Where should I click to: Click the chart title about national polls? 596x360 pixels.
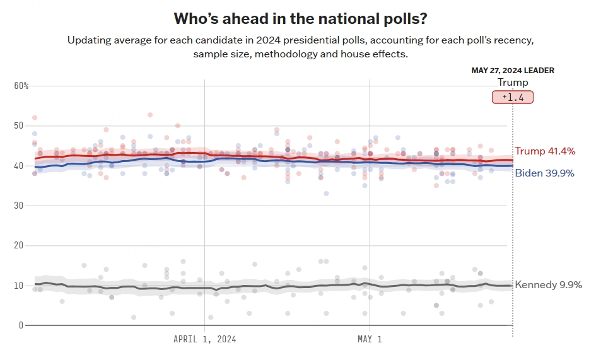pos(298,18)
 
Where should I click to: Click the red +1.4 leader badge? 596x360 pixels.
pos(513,97)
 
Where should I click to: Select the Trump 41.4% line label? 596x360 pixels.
pos(545,151)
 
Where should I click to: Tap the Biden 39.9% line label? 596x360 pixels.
pos(545,173)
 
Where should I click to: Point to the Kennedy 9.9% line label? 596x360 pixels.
pos(548,285)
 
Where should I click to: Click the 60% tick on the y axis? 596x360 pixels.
pos(21,86)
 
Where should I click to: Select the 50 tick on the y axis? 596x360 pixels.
pos(18,125)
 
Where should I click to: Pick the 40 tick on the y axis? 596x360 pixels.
pos(18,166)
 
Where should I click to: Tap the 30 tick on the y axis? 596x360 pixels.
pos(18,206)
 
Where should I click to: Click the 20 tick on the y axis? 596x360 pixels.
pos(18,245)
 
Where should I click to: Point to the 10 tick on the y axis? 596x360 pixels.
pos(18,286)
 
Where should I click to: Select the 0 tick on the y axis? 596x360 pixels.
pos(21,325)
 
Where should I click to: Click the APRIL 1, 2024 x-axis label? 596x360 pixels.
pos(204,340)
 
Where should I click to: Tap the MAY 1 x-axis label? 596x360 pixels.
pos(370,340)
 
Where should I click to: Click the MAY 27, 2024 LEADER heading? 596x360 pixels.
pos(513,71)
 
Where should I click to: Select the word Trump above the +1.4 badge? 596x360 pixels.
pos(513,83)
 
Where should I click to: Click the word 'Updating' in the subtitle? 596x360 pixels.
pos(89,40)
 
